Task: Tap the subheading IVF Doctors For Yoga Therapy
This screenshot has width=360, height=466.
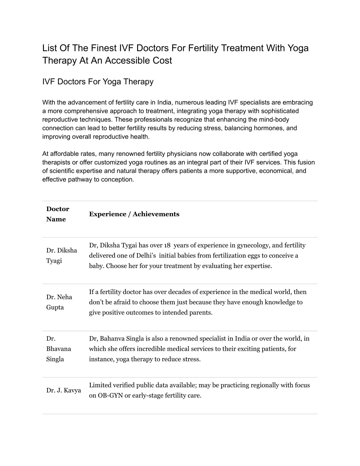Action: (x=98, y=82)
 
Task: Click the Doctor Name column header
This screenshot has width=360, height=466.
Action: (x=58, y=214)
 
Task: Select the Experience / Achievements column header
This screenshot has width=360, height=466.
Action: (x=134, y=214)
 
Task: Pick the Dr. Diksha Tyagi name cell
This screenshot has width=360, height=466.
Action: (x=62, y=255)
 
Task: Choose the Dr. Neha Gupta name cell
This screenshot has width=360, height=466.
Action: (x=59, y=302)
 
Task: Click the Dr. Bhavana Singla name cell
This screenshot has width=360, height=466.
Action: (x=59, y=349)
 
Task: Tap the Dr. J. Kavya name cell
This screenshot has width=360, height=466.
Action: (x=64, y=390)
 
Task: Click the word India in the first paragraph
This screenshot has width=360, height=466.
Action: (x=164, y=103)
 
